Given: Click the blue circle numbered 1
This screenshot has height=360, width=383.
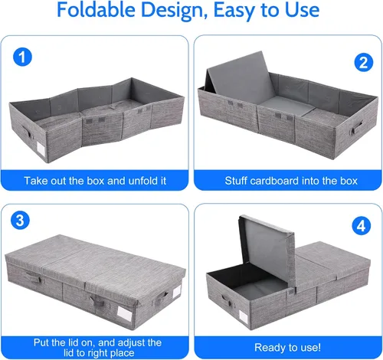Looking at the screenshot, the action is [22, 57].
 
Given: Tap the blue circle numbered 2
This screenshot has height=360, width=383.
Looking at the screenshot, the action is [364, 63].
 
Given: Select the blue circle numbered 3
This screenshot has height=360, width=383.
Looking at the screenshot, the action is [20, 220].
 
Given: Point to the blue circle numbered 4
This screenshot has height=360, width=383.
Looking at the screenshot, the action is [361, 226].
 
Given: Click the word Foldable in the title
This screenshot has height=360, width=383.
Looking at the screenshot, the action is [96, 10].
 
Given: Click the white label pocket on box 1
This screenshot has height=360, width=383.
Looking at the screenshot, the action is [41, 149].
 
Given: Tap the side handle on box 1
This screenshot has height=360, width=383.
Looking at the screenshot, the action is [27, 131].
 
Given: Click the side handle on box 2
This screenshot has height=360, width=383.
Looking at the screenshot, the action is [356, 127].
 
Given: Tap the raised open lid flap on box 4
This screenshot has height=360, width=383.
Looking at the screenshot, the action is [267, 251].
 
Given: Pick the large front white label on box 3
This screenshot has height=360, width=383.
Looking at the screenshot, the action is [124, 314].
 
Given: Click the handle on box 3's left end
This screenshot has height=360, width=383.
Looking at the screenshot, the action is [33, 277].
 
